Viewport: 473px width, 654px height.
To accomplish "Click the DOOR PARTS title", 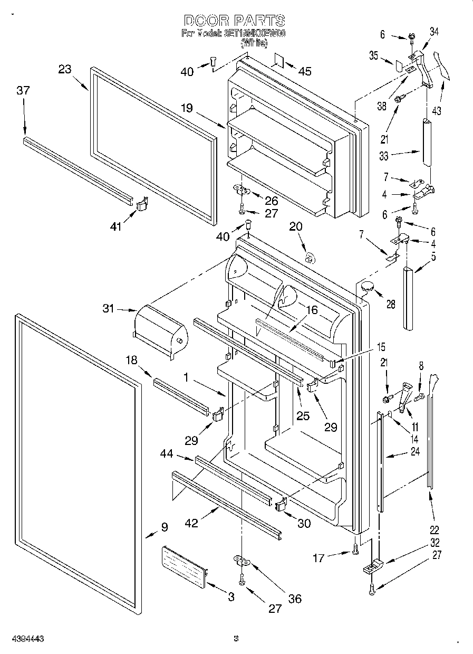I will pos(235,21).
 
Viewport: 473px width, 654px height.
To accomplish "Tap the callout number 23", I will pos(65,69).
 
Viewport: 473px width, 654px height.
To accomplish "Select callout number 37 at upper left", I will pos(23,91).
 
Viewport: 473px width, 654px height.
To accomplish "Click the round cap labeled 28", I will pos(366,287).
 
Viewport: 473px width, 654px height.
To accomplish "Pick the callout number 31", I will pos(108,310).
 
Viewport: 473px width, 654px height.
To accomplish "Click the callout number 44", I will pos(168,454).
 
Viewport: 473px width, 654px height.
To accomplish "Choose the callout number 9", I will pos(164,527).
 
